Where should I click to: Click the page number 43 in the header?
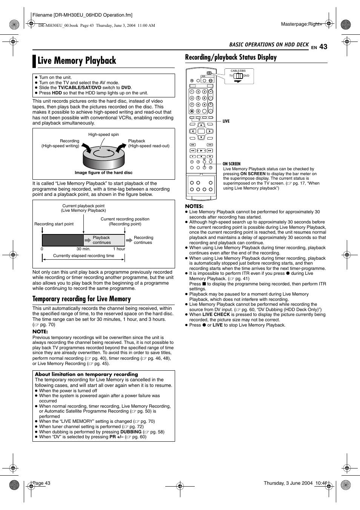(323, 47)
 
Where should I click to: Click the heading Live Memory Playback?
(77, 61)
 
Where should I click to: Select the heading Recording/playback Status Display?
(231, 57)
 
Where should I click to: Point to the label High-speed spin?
(103, 134)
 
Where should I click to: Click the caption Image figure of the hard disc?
(103, 173)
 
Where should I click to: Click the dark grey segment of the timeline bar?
(63, 240)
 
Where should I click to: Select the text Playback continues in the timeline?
(102, 240)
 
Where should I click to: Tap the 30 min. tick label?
(83, 249)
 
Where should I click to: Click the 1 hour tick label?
(119, 249)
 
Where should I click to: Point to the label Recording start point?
(54, 224)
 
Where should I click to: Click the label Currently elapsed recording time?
(83, 256)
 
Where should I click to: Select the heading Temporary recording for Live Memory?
(82, 299)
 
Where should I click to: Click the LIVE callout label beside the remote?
(226, 121)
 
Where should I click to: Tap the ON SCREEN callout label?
(231, 164)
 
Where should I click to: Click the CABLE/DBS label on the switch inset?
(238, 71)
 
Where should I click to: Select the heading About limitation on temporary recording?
(86, 374)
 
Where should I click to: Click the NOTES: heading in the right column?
(194, 206)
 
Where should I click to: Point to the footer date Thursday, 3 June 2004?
(288, 483)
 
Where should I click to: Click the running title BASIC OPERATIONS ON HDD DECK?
(269, 45)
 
